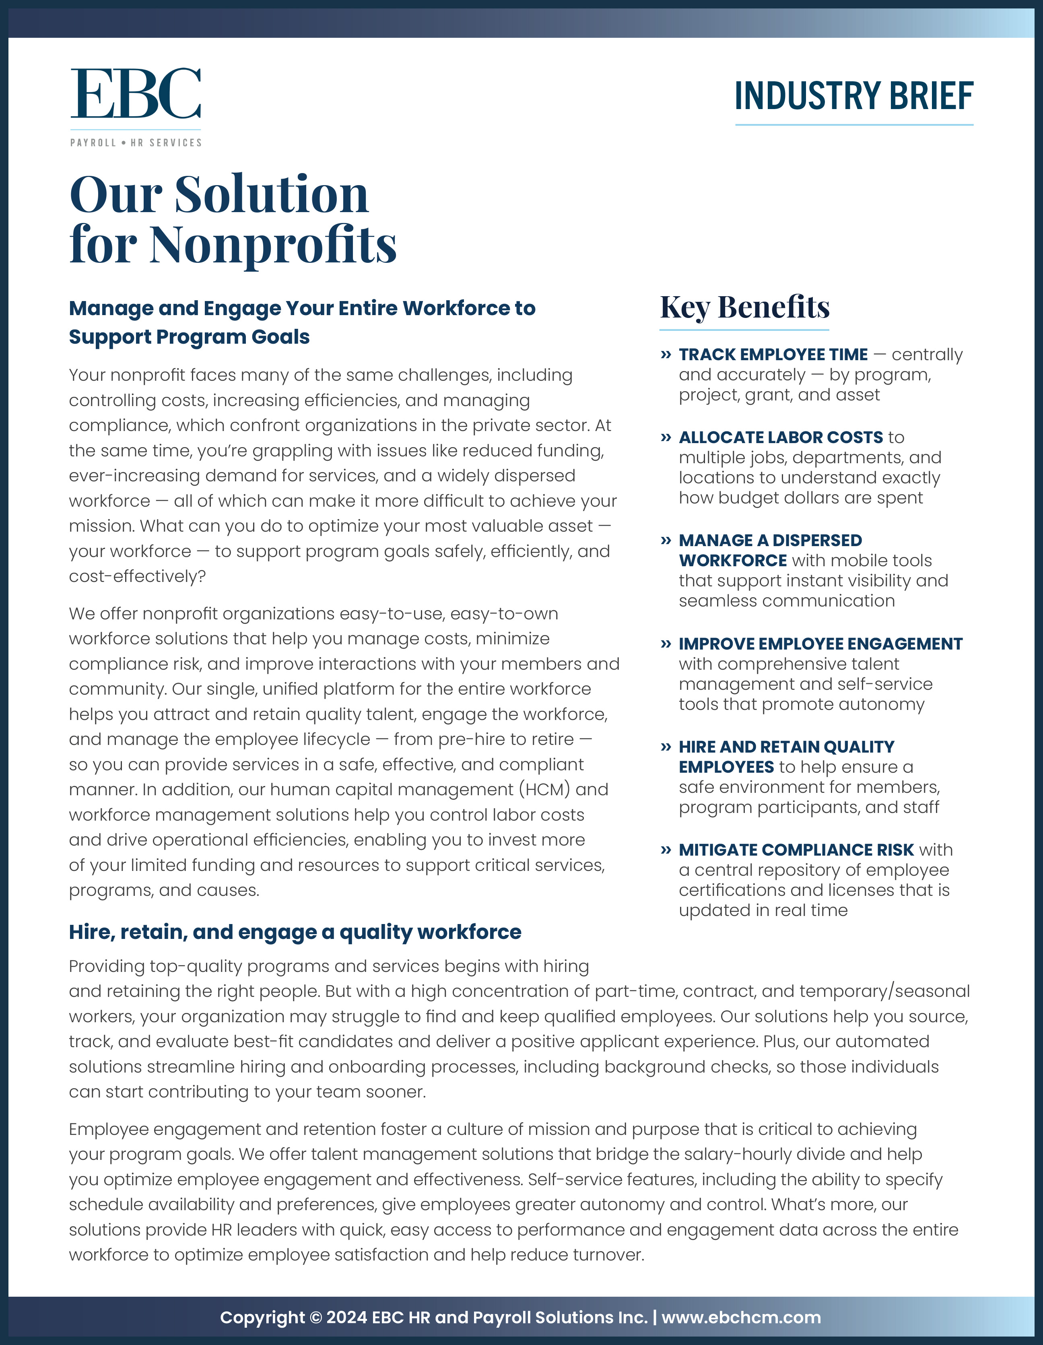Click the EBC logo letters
pos(136,94)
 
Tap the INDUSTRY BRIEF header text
pos(853,97)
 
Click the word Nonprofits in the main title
pos(273,244)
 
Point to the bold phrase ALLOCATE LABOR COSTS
pos(780,437)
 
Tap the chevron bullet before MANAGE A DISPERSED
pos(666,541)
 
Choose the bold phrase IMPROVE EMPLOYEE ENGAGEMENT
pos(820,644)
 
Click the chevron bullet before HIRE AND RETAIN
pos(666,747)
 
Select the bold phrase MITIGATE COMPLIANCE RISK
pos(796,850)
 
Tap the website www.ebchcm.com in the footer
pos(741,1317)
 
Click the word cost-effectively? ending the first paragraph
pos(137,576)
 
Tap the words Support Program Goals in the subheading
pos(189,337)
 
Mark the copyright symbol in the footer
pos(316,1317)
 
